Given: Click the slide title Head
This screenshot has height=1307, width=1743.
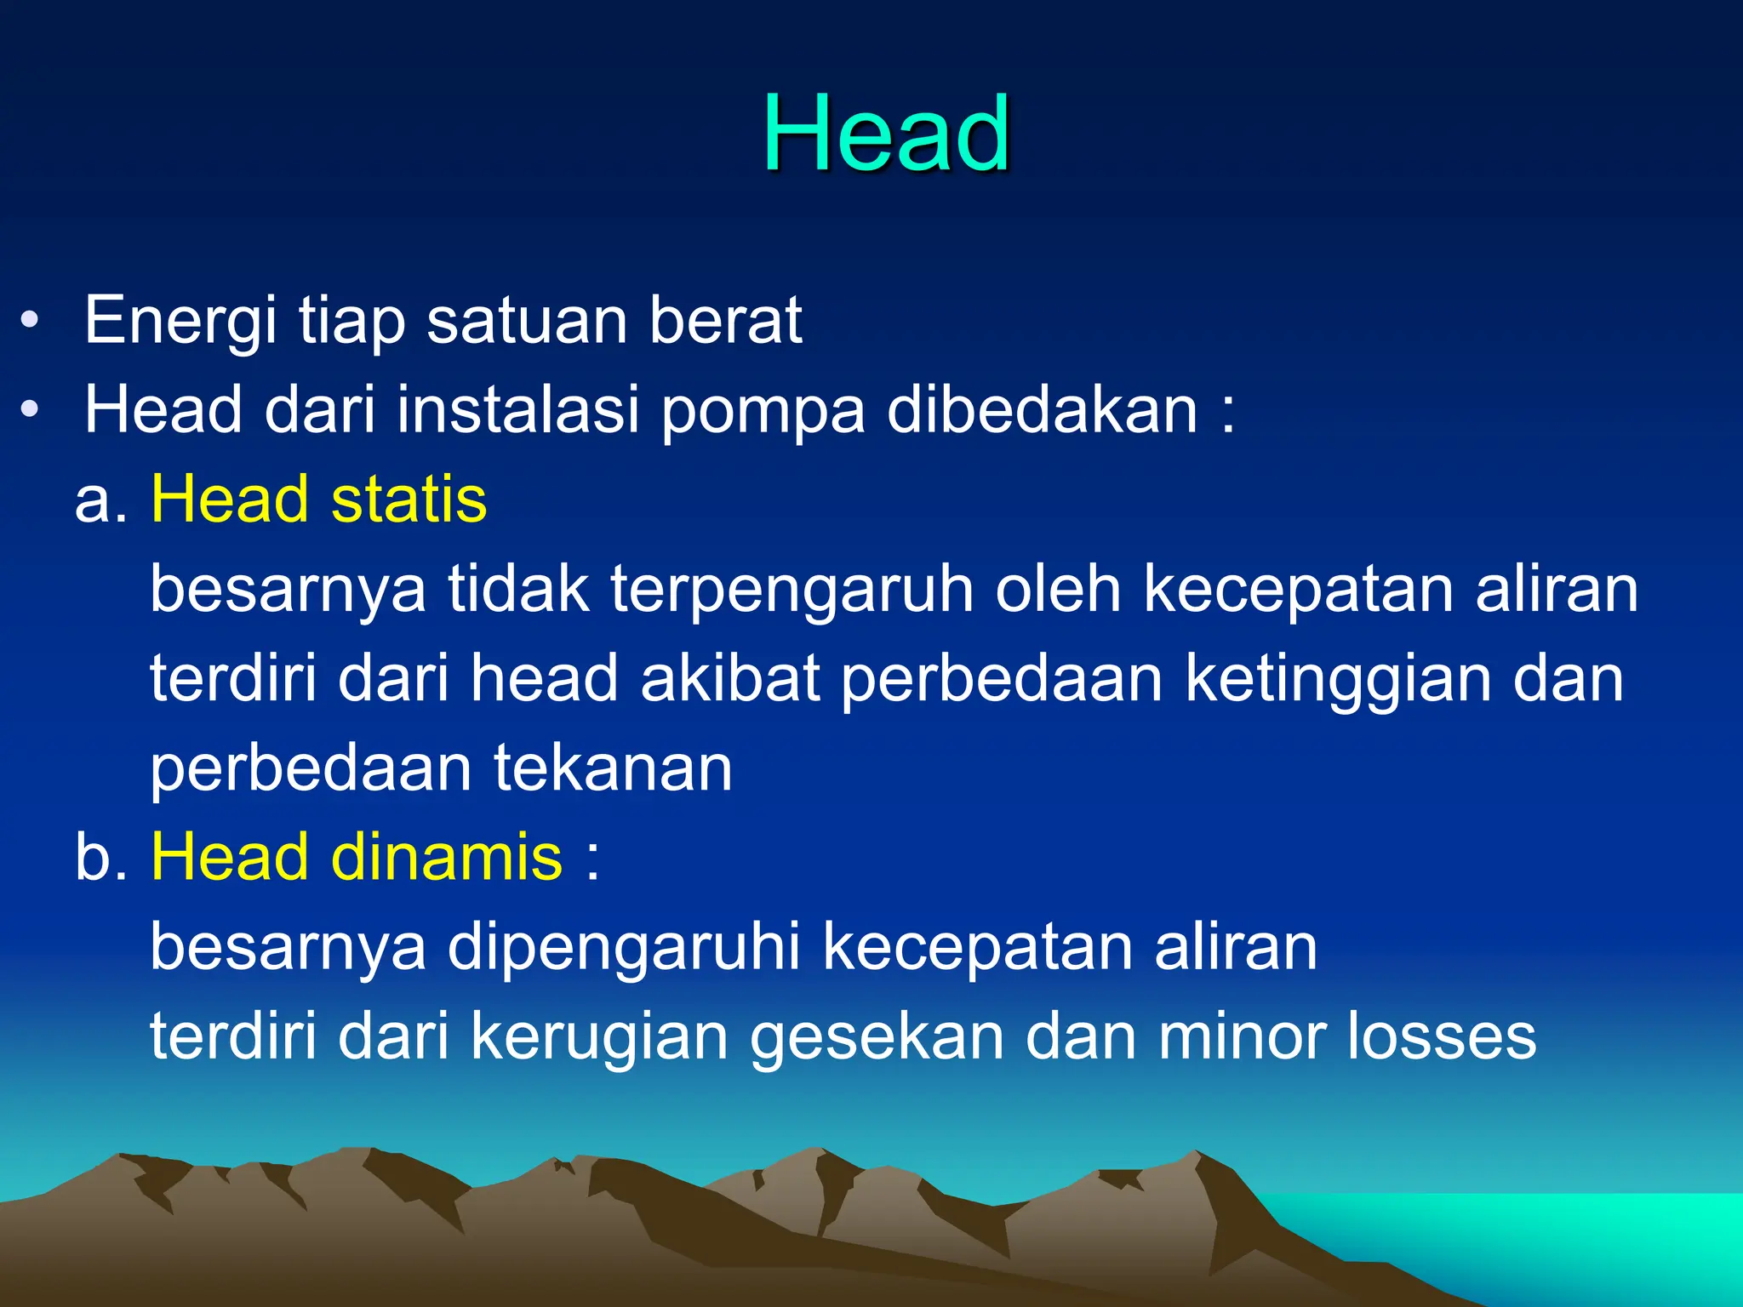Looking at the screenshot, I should coord(886,134).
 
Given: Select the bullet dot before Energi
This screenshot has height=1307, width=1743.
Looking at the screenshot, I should coord(30,321).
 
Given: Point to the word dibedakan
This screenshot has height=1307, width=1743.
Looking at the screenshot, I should coord(1042,409).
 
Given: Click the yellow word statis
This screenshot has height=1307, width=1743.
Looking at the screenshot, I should coord(409,499).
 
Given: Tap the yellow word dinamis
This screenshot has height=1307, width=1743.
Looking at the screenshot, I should coord(446,857).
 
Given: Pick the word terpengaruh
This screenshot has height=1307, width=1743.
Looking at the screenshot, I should coord(791,591).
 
